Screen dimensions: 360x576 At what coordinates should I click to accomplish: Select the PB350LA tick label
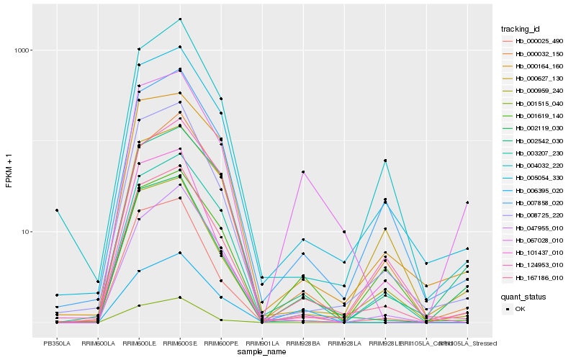pos(57,343)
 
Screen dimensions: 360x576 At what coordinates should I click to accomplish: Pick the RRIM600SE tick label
pos(180,343)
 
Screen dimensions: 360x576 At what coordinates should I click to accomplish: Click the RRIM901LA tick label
pos(262,343)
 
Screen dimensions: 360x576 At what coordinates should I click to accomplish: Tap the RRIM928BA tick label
pos(303,343)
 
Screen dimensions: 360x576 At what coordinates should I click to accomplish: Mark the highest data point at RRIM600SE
pos(180,19)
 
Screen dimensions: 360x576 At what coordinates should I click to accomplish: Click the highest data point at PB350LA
pos(57,210)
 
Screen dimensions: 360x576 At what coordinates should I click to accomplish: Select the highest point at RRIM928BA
pos(303,172)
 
